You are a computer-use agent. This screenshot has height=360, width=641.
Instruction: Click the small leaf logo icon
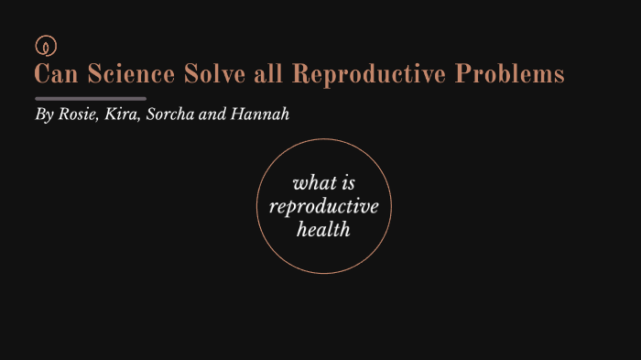point(42,44)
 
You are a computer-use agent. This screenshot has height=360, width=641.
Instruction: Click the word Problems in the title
point(511,74)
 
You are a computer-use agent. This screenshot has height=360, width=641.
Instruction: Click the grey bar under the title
point(90,98)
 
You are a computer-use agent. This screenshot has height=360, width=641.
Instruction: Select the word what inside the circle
point(311,182)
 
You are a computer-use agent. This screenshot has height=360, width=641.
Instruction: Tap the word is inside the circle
point(346,182)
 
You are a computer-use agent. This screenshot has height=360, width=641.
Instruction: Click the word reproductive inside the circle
point(323,207)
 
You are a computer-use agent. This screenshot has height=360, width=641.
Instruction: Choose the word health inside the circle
point(323,229)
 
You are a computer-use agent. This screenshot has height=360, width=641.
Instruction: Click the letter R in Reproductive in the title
point(299,74)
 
